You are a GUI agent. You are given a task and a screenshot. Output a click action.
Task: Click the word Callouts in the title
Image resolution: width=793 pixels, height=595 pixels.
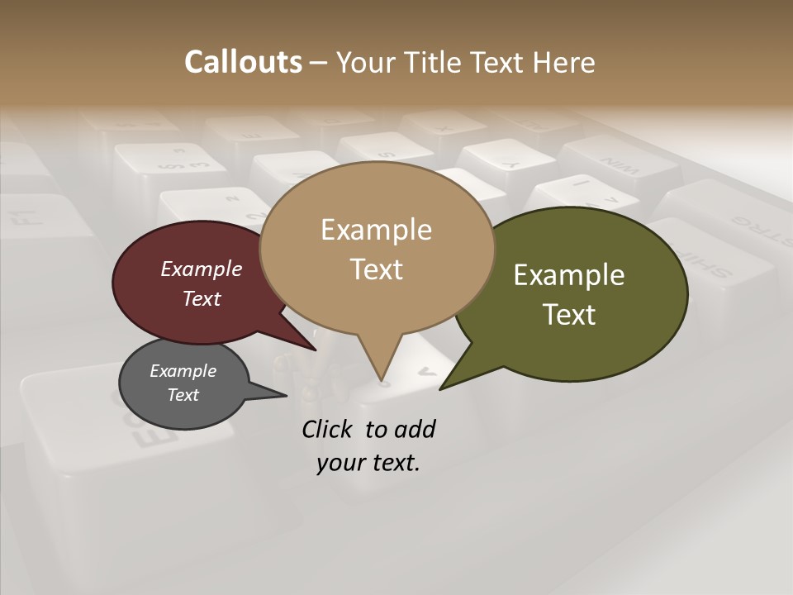coord(243,62)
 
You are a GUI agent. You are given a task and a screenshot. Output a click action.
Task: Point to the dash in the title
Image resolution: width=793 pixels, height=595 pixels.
coord(318,63)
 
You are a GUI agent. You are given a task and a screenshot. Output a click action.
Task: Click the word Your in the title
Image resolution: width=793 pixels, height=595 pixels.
coord(366,62)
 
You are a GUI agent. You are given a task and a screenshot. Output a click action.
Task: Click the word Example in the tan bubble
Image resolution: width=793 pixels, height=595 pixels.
coord(376,230)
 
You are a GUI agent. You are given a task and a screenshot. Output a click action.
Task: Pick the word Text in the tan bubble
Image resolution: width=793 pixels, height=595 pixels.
coord(376,269)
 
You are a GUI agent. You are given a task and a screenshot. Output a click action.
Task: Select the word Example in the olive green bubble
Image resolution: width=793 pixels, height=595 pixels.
coord(569,275)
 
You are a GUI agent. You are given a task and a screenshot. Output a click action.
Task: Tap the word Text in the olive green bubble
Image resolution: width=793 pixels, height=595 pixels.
coord(569,315)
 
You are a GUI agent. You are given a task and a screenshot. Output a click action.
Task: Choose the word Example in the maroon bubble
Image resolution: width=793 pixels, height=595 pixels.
coord(202,269)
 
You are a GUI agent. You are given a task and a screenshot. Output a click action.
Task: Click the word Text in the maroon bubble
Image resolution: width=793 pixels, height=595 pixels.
coord(202,298)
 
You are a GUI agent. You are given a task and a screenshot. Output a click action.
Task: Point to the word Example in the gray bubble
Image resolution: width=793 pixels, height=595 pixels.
coord(183,371)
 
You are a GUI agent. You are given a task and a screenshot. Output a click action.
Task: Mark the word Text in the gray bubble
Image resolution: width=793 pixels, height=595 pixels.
coord(183,395)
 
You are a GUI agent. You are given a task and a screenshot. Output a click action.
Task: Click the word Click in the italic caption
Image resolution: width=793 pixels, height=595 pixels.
coord(329,430)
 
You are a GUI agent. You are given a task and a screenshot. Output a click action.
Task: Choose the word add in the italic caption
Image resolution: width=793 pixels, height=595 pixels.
coord(414,430)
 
